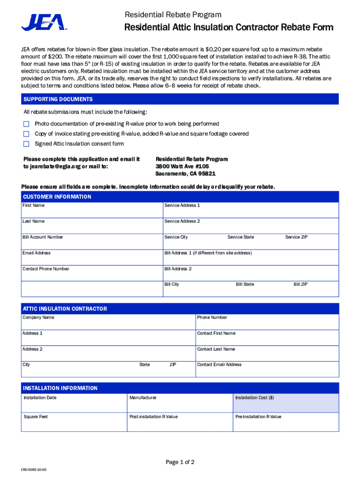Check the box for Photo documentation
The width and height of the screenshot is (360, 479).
click(x=26, y=124)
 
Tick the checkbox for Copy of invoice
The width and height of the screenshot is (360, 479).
click(x=26, y=134)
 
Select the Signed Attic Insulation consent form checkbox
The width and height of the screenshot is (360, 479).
click(x=26, y=144)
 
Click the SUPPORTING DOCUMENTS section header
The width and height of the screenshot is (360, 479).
click(x=58, y=99)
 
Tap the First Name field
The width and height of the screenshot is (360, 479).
click(x=92, y=210)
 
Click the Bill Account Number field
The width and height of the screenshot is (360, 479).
click(x=92, y=242)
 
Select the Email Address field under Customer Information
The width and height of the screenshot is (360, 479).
click(x=92, y=258)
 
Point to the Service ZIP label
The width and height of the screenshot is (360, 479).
click(x=296, y=237)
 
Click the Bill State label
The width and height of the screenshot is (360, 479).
click(x=245, y=284)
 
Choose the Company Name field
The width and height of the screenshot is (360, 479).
click(x=108, y=322)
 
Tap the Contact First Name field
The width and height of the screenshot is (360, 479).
click(x=267, y=338)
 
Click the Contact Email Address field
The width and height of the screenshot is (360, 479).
click(x=267, y=370)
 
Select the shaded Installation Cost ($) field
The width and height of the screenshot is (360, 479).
click(x=286, y=403)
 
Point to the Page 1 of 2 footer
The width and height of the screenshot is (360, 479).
click(x=180, y=462)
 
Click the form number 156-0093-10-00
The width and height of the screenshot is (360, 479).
click(x=33, y=470)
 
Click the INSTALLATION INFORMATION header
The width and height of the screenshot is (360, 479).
click(x=60, y=388)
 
